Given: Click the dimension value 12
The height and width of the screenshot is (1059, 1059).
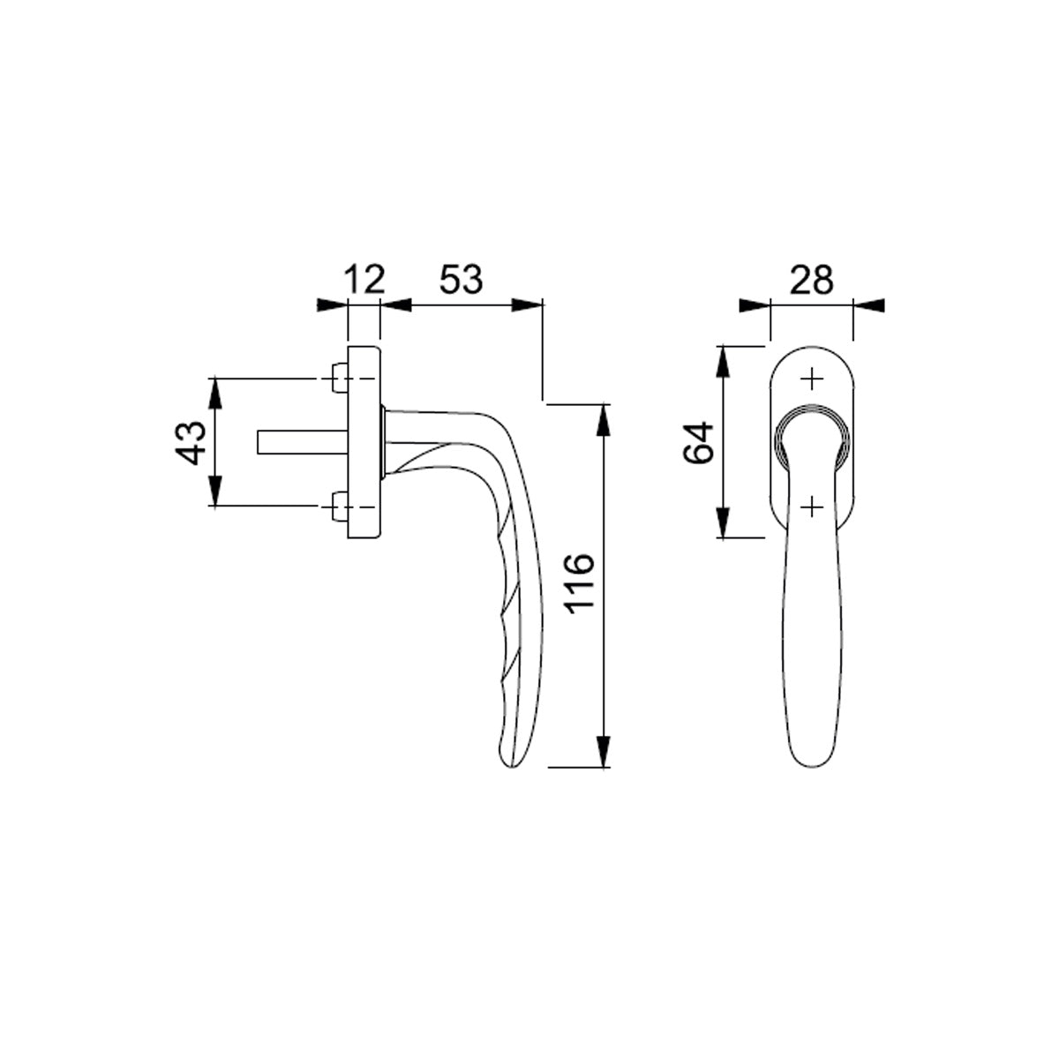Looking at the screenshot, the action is click(x=364, y=280).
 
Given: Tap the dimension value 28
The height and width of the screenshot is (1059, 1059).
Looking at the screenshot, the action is click(x=812, y=280).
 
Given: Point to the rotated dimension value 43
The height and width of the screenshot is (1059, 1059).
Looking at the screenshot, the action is click(x=190, y=443).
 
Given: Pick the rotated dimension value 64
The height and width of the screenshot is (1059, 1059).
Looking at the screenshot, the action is click(x=698, y=443).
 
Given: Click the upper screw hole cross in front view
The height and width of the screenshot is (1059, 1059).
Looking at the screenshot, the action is click(x=812, y=379).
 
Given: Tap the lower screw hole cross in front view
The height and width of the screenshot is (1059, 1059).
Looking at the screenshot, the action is click(x=812, y=507).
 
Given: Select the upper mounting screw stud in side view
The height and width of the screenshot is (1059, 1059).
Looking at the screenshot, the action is click(x=340, y=378).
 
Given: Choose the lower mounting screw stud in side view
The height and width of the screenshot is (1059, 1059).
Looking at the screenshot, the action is click(x=340, y=507).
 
